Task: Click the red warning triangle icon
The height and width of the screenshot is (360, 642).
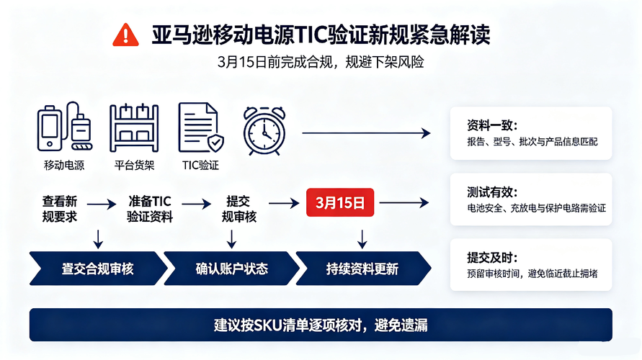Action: (125, 35)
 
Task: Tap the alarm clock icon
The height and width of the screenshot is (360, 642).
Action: (264, 131)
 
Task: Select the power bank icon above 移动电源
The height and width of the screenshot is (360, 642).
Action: (64, 127)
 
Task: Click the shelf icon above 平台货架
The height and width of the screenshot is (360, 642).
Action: (134, 128)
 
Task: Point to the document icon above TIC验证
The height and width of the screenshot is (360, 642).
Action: (200, 127)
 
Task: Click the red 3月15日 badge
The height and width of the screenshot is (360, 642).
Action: (340, 202)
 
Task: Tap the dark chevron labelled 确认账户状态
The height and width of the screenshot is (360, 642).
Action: (232, 269)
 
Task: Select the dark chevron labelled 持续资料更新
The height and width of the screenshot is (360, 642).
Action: (363, 269)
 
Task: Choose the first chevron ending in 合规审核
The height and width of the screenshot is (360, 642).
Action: (98, 269)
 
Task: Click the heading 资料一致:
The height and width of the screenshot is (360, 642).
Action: (492, 125)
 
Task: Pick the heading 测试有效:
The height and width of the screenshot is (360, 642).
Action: (492, 192)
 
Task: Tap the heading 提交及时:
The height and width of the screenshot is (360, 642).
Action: (492, 258)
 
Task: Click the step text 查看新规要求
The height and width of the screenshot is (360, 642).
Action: (60, 209)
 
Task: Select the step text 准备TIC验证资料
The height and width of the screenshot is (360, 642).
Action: (149, 209)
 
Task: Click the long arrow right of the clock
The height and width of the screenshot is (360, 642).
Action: (367, 133)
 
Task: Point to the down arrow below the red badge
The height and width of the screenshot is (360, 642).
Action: (362, 239)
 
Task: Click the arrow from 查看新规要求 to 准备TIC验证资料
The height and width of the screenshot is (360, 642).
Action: (102, 204)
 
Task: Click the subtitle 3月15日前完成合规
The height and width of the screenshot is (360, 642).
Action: (275, 62)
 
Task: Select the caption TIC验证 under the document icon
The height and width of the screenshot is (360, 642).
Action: (200, 166)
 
